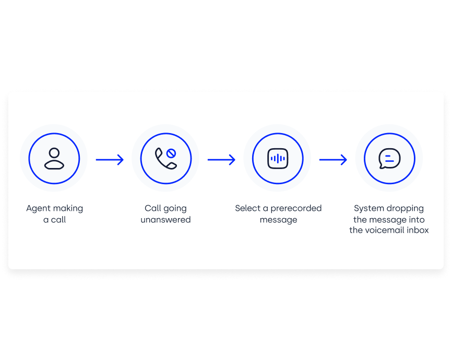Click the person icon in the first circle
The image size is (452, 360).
coord(54,159)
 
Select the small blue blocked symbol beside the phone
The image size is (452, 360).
coord(171,153)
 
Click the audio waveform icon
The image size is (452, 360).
coord(278,159)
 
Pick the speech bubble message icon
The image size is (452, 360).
coord(389,159)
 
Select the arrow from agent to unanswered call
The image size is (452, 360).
coord(110,160)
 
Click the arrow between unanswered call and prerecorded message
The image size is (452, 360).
coord(221,160)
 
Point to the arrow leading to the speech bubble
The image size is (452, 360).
coord(333,160)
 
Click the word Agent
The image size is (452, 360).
coord(39,209)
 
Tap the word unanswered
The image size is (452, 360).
coord(165,220)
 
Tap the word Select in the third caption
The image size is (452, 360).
coord(247,208)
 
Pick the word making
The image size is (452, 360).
coord(69,209)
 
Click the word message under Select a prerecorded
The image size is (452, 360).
coord(278,220)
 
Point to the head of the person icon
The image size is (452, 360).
coord(54,153)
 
